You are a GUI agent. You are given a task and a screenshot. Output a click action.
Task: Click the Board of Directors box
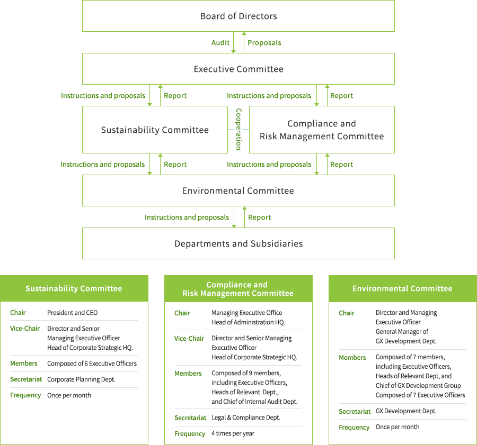point(238,16)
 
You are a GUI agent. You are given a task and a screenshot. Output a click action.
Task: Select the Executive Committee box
point(238,69)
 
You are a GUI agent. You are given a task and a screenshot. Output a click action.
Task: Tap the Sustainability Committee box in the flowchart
point(155,130)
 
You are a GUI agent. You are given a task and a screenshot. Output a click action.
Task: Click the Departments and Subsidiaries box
point(238,243)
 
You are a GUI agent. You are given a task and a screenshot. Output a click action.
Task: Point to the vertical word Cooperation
point(238,129)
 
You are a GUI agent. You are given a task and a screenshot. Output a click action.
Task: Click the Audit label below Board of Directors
point(220,42)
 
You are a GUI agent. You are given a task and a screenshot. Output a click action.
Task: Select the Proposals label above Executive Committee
point(264,43)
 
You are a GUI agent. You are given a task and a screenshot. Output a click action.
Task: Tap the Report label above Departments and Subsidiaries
point(259,217)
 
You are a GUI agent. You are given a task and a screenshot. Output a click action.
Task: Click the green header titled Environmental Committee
point(403,288)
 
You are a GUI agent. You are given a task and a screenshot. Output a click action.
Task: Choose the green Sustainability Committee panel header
point(74,288)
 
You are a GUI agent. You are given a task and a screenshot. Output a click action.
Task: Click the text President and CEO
point(73,313)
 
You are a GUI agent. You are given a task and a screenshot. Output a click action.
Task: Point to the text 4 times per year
point(233,433)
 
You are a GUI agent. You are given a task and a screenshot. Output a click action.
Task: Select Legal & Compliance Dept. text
point(246,417)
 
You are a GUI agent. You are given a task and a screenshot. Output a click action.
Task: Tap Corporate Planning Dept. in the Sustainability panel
point(81,379)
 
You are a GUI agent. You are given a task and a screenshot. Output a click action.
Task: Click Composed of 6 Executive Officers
point(92,364)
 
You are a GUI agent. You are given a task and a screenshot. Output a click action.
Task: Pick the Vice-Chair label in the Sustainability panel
point(25,329)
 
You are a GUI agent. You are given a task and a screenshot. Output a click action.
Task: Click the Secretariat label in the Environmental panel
point(355,412)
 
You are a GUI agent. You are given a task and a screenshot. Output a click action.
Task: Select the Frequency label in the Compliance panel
point(190,434)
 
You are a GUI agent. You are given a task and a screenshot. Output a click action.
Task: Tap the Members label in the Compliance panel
point(188,374)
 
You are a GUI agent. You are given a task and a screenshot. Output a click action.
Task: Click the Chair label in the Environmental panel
point(347,313)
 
